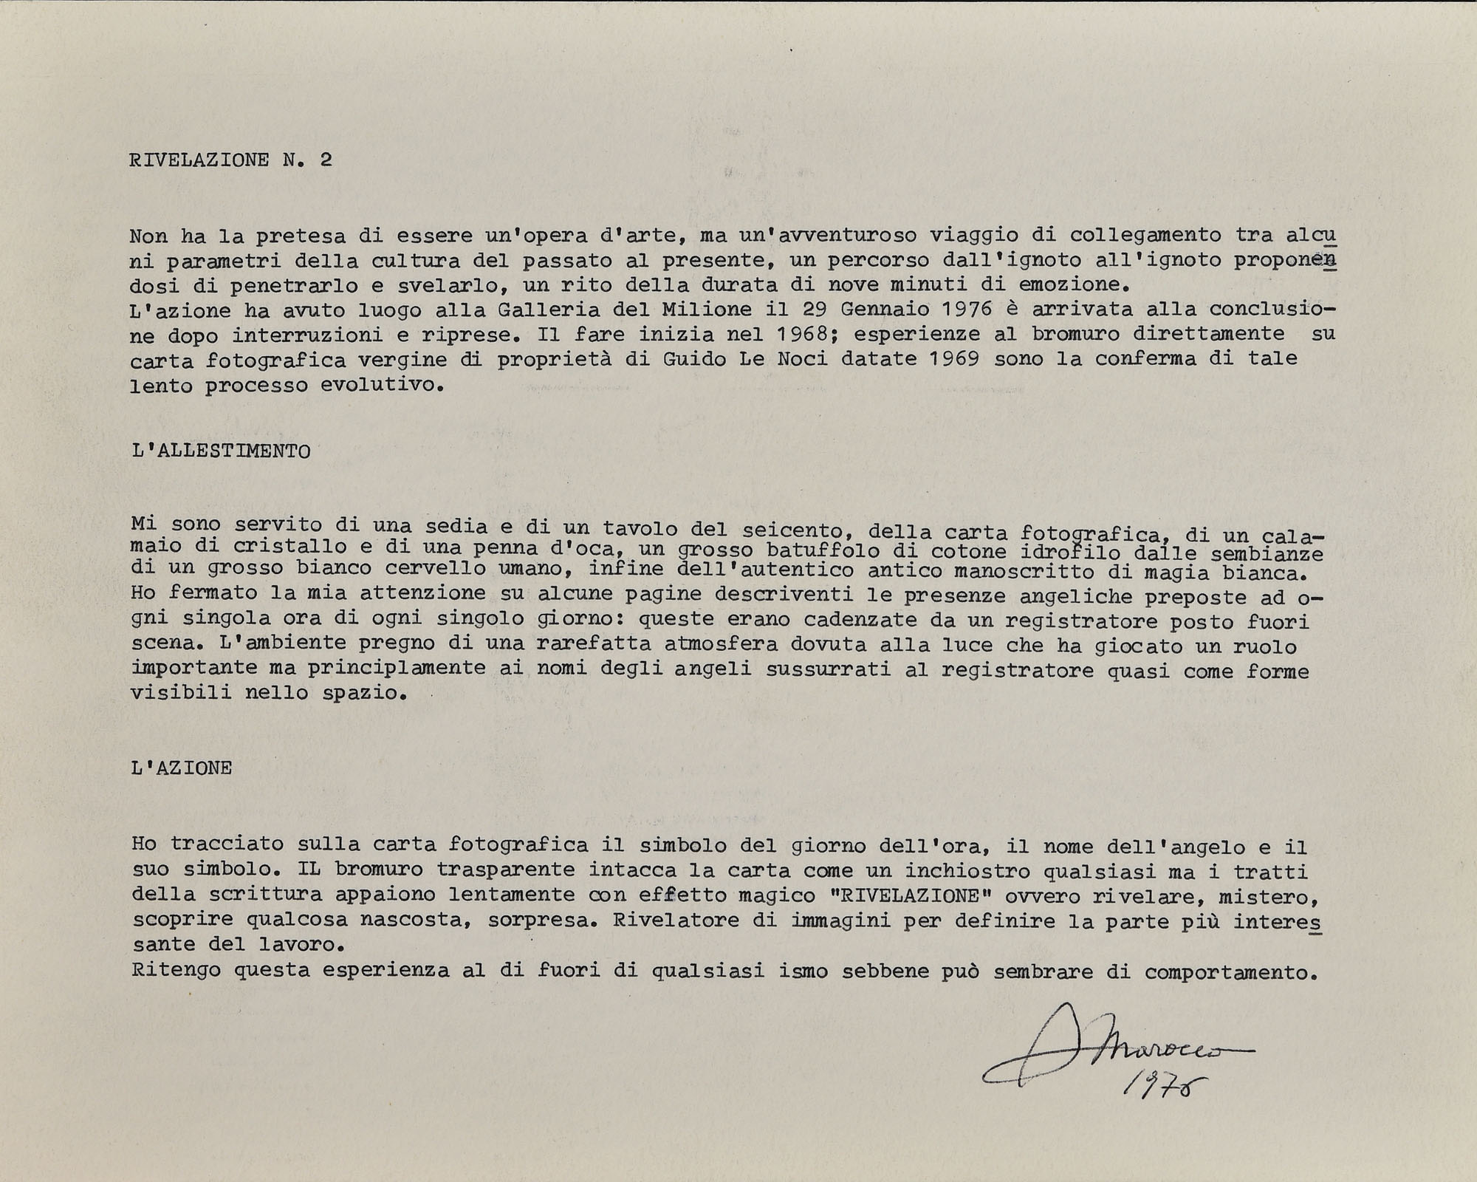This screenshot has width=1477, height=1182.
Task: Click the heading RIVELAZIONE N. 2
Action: pos(230,160)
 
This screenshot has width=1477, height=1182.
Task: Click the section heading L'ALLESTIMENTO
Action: pos(221,451)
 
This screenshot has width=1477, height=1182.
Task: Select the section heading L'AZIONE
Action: pos(182,768)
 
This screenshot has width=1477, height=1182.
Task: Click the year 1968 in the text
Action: pos(803,334)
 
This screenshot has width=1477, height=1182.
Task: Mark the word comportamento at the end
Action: pos(1231,972)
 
